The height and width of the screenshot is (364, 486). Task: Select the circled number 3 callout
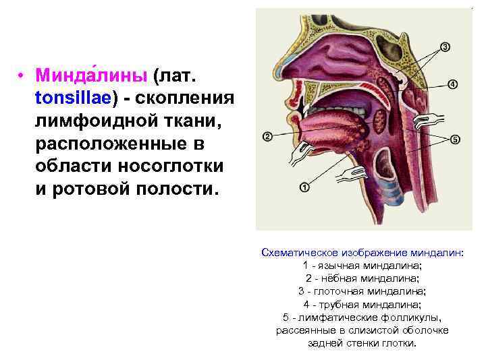[445, 47]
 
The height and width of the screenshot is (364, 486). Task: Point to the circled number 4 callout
[452, 84]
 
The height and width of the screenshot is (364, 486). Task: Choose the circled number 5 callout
[455, 140]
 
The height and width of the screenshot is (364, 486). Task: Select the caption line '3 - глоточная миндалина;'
[362, 291]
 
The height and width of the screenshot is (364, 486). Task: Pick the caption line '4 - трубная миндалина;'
[362, 304]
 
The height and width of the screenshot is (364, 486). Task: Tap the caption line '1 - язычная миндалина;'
[362, 265]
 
